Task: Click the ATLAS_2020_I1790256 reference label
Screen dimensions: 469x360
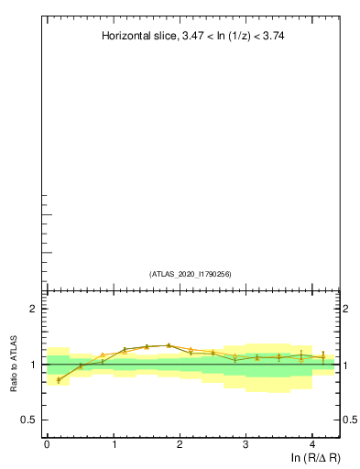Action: [191, 274]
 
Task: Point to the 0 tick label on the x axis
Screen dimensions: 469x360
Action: [47, 444]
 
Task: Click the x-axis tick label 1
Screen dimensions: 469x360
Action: [114, 444]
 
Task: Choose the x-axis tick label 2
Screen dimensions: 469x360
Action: [180, 444]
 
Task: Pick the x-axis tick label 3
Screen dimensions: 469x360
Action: [246, 444]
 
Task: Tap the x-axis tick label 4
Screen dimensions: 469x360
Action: [312, 444]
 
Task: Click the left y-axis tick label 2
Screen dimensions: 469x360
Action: [33, 310]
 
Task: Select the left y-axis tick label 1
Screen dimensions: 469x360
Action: [33, 365]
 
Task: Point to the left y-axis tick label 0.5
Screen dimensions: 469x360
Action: [29, 420]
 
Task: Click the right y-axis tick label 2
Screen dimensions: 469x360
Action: [345, 310]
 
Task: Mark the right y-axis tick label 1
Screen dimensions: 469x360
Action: [345, 365]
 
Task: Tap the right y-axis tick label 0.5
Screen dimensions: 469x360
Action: [349, 420]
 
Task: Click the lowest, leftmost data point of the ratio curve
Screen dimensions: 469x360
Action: [59, 379]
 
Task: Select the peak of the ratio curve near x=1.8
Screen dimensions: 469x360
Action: [169, 345]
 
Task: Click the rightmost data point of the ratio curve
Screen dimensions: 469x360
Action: [323, 357]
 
